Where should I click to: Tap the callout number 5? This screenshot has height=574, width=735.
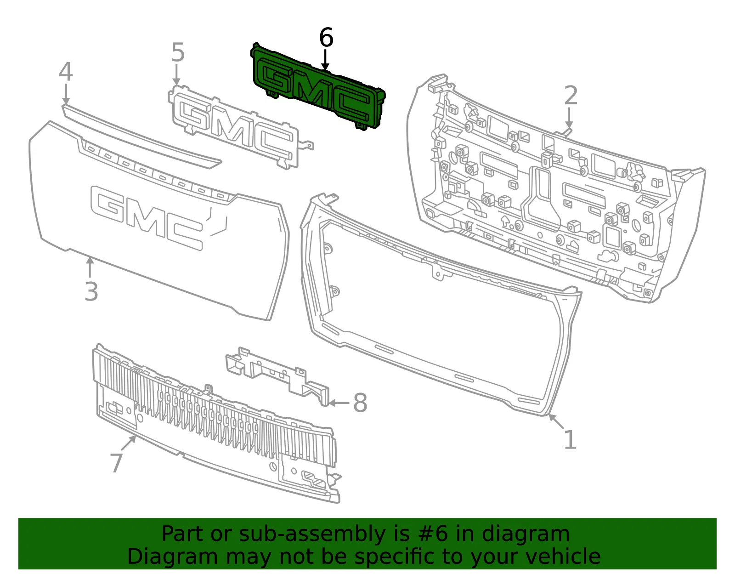click(178, 52)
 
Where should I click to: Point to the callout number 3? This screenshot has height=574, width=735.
click(91, 291)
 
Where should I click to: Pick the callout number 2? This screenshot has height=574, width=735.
click(571, 95)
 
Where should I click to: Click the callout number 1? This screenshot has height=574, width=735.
click(571, 439)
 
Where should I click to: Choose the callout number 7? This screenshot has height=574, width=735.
click(116, 463)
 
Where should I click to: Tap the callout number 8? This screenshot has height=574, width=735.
click(360, 403)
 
